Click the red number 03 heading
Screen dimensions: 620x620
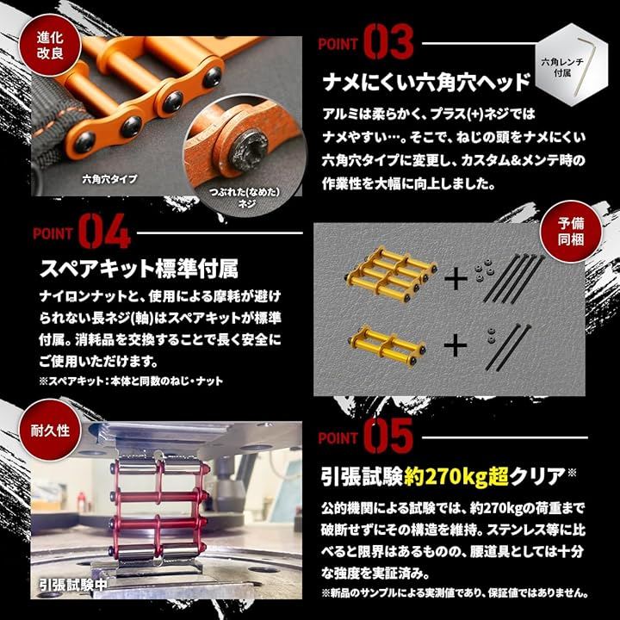coord(388,42)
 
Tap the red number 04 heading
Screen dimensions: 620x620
coord(104,232)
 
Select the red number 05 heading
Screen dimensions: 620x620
coord(388,436)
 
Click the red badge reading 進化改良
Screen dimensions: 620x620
coord(50,46)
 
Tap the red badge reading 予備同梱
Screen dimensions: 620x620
coord(571,231)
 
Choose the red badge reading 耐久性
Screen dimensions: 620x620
coord(50,431)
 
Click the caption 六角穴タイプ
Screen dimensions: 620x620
coord(109,179)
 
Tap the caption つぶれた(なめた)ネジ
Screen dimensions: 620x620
coord(245,198)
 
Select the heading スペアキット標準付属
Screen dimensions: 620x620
coord(139,270)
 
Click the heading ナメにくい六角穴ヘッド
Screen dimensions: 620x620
coord(426,83)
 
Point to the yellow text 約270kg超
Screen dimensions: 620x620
coord(456,476)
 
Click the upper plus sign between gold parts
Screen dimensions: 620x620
coord(456,279)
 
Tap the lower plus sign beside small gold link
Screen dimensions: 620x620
coord(456,345)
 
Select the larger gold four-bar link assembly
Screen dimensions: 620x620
coord(392,274)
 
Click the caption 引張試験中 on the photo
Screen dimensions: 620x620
coord(73,585)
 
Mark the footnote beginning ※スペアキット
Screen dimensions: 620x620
coord(131,381)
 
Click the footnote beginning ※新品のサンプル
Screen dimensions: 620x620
coord(455,592)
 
